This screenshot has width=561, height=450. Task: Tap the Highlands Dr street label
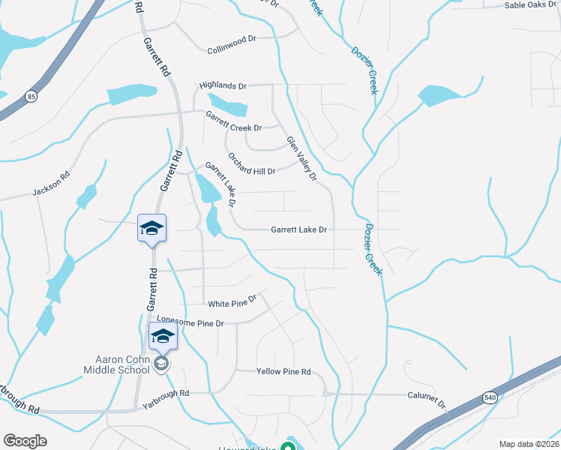[222, 86]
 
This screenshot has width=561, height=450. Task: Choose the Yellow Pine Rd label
[283, 372]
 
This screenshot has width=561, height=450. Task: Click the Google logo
[25, 441]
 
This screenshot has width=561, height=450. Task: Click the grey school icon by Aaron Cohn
[161, 364]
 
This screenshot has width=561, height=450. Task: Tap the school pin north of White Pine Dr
[151, 228]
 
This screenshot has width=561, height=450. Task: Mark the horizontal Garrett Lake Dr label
[299, 230]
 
